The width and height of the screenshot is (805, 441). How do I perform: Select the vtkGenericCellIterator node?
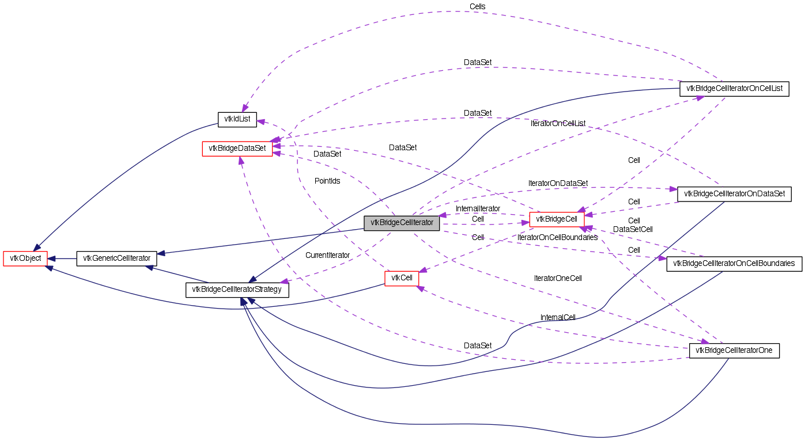(117, 258)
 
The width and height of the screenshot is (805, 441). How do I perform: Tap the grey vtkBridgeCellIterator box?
(402, 223)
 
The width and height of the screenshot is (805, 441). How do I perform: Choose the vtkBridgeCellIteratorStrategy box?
(237, 290)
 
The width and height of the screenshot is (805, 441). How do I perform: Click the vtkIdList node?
(237, 119)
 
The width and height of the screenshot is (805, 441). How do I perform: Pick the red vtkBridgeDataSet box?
(237, 149)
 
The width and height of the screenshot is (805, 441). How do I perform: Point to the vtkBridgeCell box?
(557, 219)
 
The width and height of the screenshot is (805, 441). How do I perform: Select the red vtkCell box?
(402, 279)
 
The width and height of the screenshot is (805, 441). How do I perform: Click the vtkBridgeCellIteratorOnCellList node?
(734, 89)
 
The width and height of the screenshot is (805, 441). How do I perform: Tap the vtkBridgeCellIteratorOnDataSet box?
(734, 194)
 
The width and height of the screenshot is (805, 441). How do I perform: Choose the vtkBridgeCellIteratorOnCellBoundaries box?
(734, 264)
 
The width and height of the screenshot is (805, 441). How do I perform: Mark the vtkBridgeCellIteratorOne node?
(734, 351)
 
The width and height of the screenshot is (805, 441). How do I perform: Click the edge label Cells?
(477, 6)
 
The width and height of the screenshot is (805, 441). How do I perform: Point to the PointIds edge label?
(327, 181)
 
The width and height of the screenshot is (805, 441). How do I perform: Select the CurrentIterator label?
(327, 255)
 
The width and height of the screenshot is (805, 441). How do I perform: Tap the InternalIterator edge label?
(478, 208)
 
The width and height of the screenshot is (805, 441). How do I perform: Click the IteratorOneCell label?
(558, 278)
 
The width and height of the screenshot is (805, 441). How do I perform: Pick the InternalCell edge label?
(558, 317)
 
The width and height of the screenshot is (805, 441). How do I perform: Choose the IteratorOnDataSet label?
(558, 183)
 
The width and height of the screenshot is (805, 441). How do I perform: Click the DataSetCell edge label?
(633, 229)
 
